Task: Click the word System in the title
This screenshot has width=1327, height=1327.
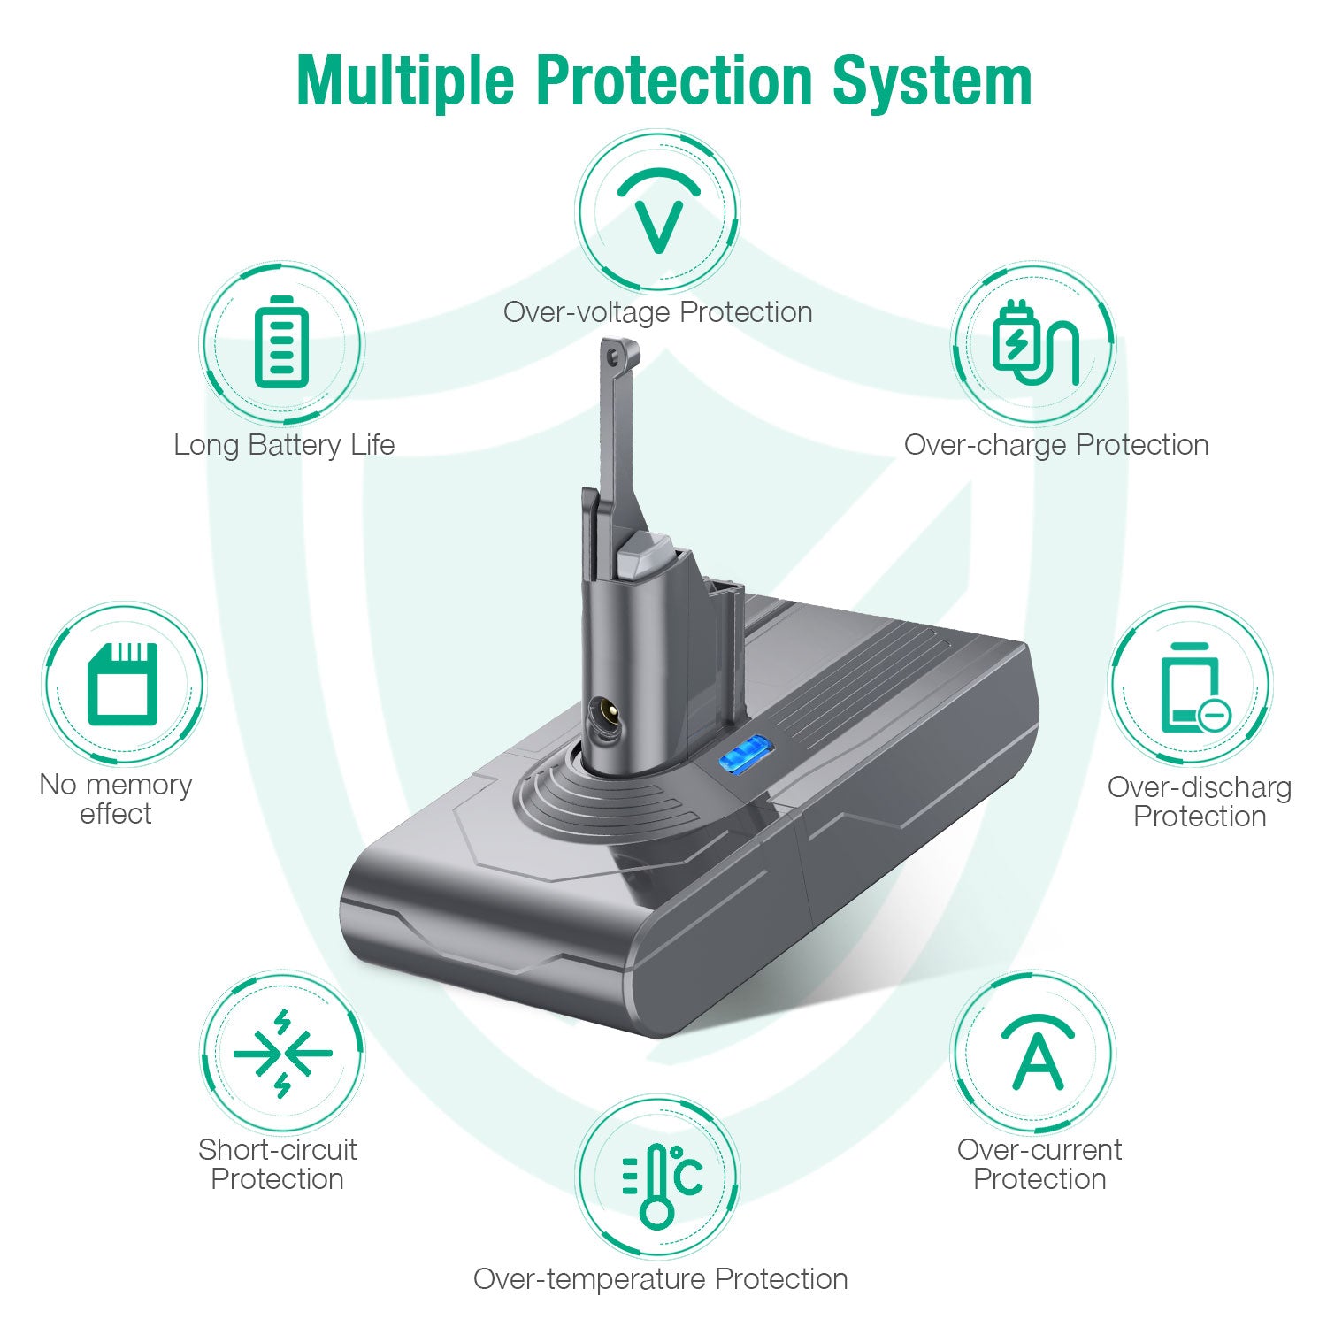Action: (932, 81)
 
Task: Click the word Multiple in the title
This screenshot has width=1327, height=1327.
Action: (405, 81)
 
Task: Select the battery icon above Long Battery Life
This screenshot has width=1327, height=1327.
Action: (281, 342)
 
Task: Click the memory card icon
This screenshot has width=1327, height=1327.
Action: (123, 683)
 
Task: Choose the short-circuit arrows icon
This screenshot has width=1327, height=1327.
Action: (282, 1053)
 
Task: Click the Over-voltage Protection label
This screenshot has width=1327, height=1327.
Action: (658, 311)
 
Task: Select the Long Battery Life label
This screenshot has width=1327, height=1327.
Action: (284, 444)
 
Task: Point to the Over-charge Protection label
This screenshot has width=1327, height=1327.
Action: (1056, 444)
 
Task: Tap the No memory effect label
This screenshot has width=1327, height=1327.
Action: (116, 799)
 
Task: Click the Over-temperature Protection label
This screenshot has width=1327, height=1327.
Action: (661, 1278)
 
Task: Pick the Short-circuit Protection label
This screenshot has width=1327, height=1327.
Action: (278, 1164)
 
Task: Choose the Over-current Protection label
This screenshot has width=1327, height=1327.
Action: (1039, 1164)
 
